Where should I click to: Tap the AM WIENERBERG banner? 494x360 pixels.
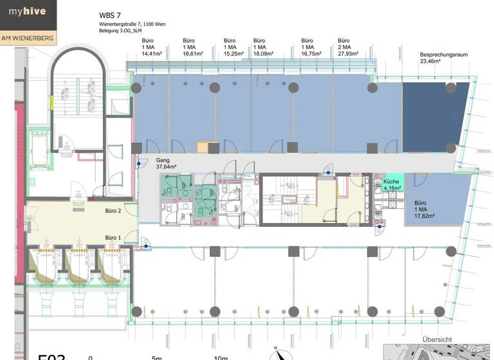coord(28,39)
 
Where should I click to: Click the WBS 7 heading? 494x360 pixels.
coord(110,15)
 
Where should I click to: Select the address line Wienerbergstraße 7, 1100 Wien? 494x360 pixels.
coord(131,24)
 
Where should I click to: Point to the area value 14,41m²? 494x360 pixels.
coord(154,55)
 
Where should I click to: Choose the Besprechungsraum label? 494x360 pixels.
coord(444,55)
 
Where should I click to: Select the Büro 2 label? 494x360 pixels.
coord(113,210)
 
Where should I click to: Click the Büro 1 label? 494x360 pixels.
coord(113,238)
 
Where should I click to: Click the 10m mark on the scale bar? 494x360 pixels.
coord(221,357)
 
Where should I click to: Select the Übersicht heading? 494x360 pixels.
coord(437,339)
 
